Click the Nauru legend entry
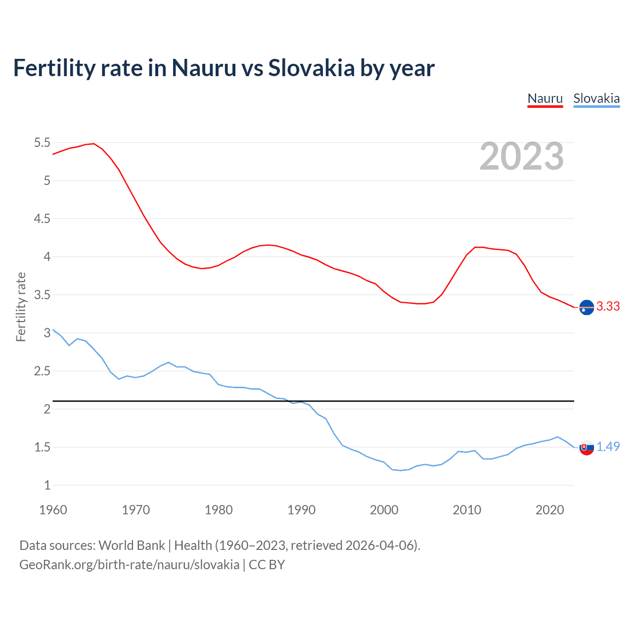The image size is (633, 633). pos(545,98)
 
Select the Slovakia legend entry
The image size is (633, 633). pos(596,98)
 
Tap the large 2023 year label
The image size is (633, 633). pos(522,156)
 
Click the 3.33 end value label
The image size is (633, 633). pos(608,307)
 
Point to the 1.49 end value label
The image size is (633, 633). pos(608,447)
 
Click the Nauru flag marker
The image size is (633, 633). pos(587,308)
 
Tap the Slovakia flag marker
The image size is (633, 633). pos(587,448)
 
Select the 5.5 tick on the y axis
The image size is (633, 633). pos(42,143)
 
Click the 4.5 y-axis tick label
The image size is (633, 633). pos(42,219)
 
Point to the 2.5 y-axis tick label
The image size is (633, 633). pos(42,371)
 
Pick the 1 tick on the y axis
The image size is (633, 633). pos(47,486)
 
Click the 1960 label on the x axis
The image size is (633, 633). pos(53,510)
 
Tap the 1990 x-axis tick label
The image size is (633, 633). pos(301,510)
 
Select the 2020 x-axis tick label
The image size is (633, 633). pos(549,510)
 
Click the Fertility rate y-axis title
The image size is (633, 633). pos(21,307)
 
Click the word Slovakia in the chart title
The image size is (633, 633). pos(311,68)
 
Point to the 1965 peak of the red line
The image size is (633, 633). pos(94,144)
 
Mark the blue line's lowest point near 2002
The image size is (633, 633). pos(401,470)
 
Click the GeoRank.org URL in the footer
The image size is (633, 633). pos(129,565)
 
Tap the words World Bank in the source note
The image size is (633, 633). pos(132,545)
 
